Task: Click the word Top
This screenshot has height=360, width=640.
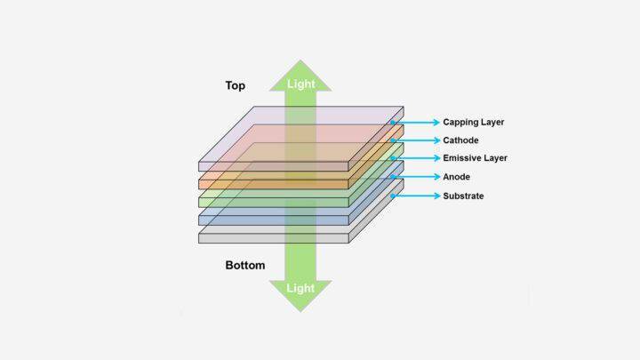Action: [x=235, y=85]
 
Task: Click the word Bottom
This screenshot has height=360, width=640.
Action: [x=245, y=265]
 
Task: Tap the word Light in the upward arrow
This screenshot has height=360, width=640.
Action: [x=300, y=84]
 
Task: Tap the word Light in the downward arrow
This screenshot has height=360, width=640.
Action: [x=300, y=288]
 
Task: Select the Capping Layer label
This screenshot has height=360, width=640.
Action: [x=474, y=122]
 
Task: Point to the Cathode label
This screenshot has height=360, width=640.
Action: [x=460, y=140]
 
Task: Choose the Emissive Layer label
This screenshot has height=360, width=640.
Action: [x=475, y=158]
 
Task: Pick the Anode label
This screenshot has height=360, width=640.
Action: [x=456, y=177]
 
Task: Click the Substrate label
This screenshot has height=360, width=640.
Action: [x=463, y=196]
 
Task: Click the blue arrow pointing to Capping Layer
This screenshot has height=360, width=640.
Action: [x=415, y=122]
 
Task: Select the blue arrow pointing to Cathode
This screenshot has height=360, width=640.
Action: [x=415, y=140]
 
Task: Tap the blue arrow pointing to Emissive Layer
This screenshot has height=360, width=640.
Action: [x=415, y=158]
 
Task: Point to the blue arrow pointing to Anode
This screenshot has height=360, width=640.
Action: [x=415, y=177]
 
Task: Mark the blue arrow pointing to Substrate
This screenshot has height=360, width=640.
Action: [x=415, y=196]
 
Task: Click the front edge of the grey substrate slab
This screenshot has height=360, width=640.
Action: [x=274, y=238]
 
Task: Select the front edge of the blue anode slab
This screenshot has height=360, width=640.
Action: [x=274, y=220]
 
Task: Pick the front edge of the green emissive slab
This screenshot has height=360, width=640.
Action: [x=274, y=203]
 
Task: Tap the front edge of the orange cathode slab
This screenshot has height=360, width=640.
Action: [x=274, y=184]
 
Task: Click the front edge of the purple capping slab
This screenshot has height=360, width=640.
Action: [x=274, y=166]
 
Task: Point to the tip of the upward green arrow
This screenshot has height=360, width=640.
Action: [x=300, y=60]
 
